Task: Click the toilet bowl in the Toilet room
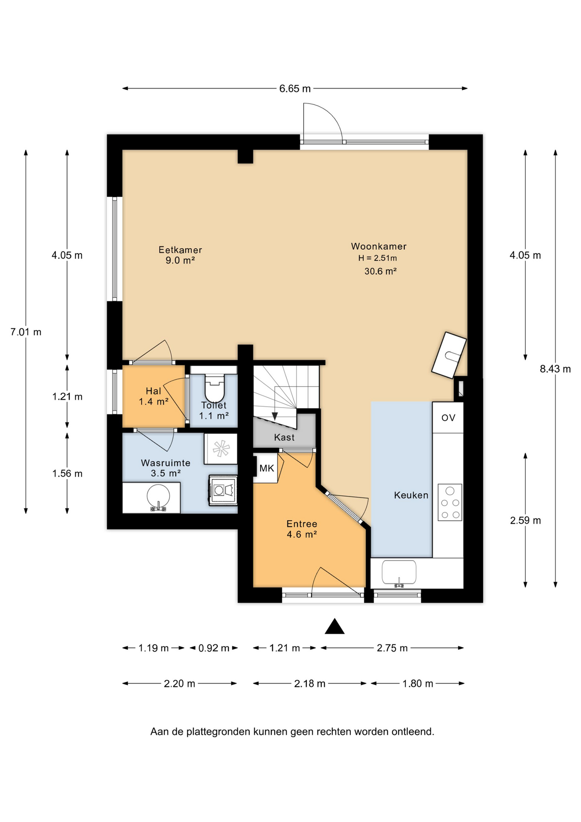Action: click(x=214, y=387)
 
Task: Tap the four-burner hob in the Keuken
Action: click(x=450, y=502)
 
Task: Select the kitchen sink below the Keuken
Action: click(x=399, y=573)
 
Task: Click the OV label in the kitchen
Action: click(x=448, y=418)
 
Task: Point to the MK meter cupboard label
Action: click(x=267, y=468)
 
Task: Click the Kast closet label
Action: click(x=284, y=437)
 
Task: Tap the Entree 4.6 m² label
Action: click(x=302, y=529)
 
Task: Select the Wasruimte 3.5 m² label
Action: click(x=166, y=468)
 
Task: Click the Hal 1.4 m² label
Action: click(x=153, y=396)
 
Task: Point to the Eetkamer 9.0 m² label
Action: click(x=180, y=255)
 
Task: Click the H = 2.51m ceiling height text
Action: click(x=377, y=258)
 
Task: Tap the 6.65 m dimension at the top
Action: click(x=295, y=89)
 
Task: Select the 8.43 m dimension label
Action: click(x=555, y=369)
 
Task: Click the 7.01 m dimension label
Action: click(x=26, y=332)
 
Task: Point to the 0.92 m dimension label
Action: click(x=214, y=648)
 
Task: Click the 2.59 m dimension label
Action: click(x=525, y=521)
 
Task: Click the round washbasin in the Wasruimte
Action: click(x=158, y=497)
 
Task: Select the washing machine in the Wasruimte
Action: click(x=223, y=490)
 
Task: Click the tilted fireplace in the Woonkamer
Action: click(x=449, y=355)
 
